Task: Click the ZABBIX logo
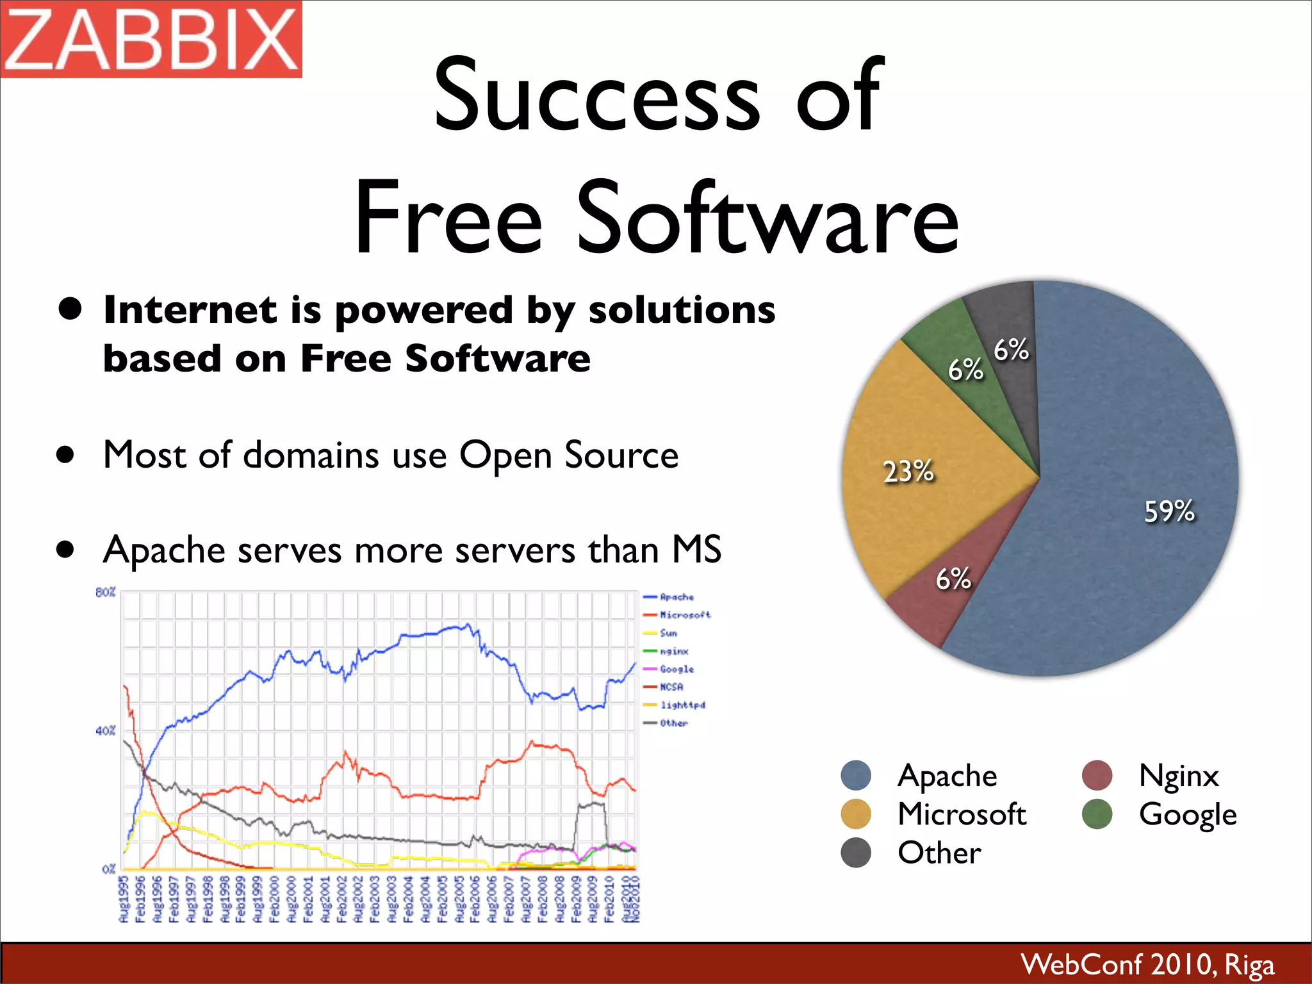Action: click(151, 39)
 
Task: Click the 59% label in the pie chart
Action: click(1169, 511)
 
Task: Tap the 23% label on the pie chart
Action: click(908, 471)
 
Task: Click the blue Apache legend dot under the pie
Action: click(856, 776)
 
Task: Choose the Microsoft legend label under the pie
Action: click(962, 814)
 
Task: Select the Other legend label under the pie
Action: click(939, 853)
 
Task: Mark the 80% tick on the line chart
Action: click(105, 592)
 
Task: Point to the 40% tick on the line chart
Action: click(105, 730)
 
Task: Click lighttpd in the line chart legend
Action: click(682, 705)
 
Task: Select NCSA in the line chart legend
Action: click(671, 687)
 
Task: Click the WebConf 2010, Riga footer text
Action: click(1147, 964)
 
